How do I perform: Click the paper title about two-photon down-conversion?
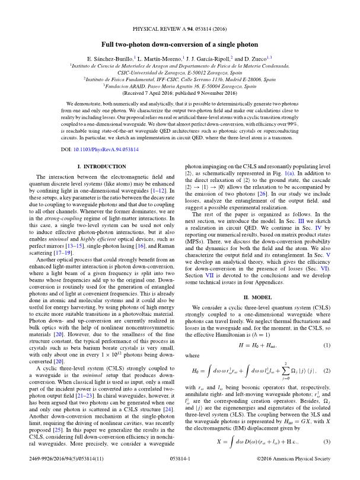click(180, 44)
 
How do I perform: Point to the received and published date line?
click(180, 94)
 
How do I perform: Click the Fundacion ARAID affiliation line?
click(180, 85)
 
